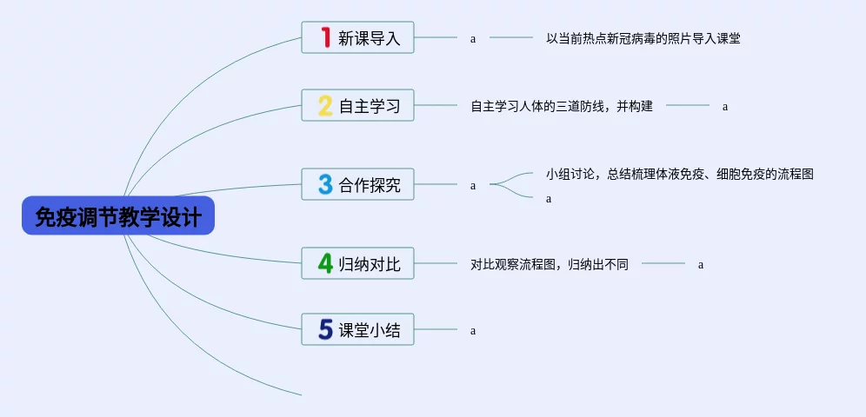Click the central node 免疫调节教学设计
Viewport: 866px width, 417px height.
pyautogui.click(x=118, y=215)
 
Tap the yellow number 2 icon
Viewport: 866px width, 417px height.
pyautogui.click(x=325, y=105)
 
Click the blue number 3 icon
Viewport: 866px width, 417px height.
pyautogui.click(x=325, y=184)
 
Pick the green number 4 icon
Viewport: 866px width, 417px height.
pyautogui.click(x=325, y=262)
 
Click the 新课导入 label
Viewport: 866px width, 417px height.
pyautogui.click(x=370, y=38)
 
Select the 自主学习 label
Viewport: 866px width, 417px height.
pyautogui.click(x=370, y=106)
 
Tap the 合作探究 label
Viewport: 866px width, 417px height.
pyautogui.click(x=370, y=185)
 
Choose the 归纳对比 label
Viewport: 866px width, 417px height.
pyautogui.click(x=370, y=263)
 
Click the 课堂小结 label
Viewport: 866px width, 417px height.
pyautogui.click(x=370, y=330)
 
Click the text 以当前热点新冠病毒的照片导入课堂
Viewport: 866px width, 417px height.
pyautogui.click(x=643, y=38)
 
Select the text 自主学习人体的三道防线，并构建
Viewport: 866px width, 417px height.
pyautogui.click(x=562, y=106)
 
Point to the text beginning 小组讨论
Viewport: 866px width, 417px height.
pyautogui.click(x=680, y=174)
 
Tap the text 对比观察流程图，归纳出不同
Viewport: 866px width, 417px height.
pyautogui.click(x=550, y=264)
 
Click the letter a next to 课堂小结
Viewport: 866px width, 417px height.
pyautogui.click(x=473, y=331)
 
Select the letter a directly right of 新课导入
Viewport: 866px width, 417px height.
pyautogui.click(x=473, y=39)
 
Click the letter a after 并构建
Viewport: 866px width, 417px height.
pyautogui.click(x=725, y=107)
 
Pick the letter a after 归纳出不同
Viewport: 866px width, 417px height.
pyautogui.click(x=701, y=265)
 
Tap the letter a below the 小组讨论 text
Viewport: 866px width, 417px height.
pyautogui.click(x=549, y=199)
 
